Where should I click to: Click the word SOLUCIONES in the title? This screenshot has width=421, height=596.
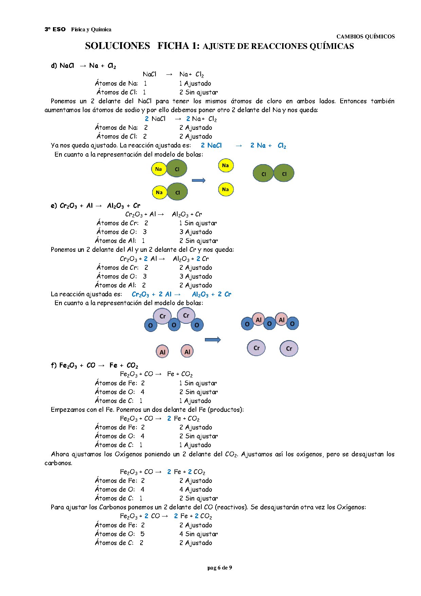(x=117, y=46)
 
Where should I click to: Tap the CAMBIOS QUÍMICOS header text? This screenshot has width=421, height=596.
(x=365, y=36)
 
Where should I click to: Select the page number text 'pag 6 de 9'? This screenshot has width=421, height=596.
(x=220, y=567)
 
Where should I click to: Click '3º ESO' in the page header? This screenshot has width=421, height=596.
(x=55, y=29)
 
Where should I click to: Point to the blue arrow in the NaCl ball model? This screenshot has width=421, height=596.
(x=199, y=180)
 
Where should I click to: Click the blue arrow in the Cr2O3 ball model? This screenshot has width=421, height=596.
(x=213, y=340)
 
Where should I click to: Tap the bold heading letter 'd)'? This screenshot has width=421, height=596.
(x=54, y=66)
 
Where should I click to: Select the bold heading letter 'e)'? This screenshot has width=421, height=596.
(x=54, y=206)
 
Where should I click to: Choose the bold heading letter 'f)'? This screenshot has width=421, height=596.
(x=54, y=365)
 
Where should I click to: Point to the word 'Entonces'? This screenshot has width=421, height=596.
(x=353, y=101)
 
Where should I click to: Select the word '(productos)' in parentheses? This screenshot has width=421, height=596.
(x=226, y=409)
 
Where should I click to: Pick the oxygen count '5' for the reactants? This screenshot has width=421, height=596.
(x=143, y=534)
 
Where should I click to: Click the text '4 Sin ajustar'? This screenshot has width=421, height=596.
(x=199, y=534)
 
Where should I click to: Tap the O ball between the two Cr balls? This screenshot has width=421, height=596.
(x=174, y=325)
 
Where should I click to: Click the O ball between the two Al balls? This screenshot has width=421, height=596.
(x=270, y=323)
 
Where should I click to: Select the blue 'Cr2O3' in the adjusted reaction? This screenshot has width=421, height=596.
(x=140, y=294)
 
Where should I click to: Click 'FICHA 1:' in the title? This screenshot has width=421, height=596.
(x=178, y=46)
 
